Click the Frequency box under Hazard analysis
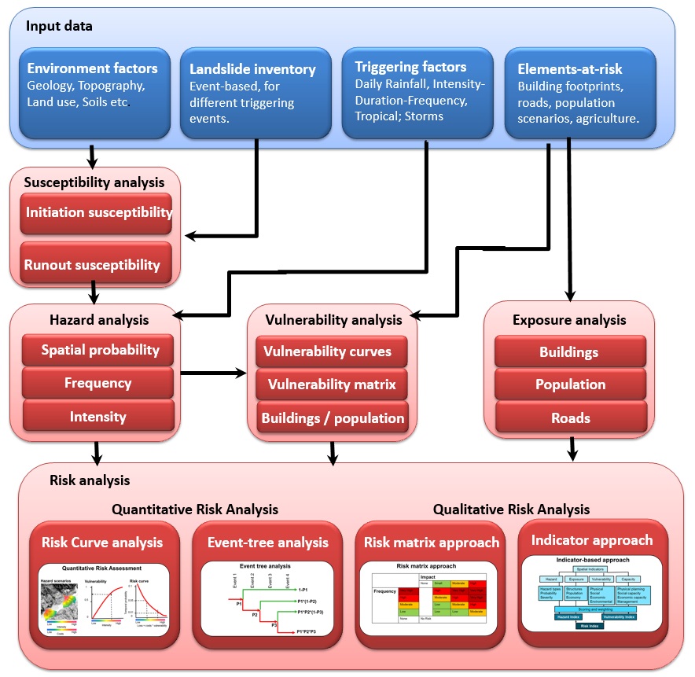tap(98, 383)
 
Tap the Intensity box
tap(98, 417)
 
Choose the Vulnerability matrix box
tap(331, 385)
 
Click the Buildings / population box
tap(332, 418)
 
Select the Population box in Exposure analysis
tap(570, 385)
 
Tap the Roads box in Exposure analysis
tap(570, 418)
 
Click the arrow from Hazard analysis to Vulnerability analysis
tap(213, 373)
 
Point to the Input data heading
tap(59, 26)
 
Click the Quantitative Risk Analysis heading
tap(195, 510)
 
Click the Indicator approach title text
tap(591, 540)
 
